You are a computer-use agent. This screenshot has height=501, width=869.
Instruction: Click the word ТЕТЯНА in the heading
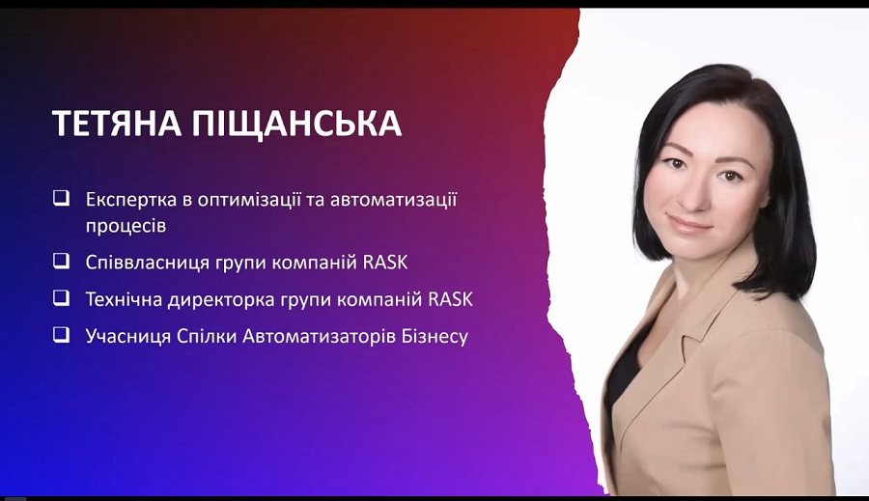(x=117, y=123)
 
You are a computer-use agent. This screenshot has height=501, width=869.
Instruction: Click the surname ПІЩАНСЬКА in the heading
(x=296, y=123)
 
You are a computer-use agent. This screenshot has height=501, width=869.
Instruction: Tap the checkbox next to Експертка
(x=62, y=199)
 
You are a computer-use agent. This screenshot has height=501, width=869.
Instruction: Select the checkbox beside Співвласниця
(x=62, y=261)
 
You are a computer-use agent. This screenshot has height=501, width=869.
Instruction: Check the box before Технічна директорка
(x=62, y=298)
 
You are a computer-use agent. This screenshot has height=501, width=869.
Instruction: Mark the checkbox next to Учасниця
(x=62, y=335)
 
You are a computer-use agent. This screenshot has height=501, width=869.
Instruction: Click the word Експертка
(x=130, y=200)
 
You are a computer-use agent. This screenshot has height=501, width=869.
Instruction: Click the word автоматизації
(x=394, y=200)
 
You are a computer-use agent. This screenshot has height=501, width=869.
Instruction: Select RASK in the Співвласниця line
(x=385, y=263)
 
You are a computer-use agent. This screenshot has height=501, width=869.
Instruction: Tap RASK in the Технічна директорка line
(x=451, y=299)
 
